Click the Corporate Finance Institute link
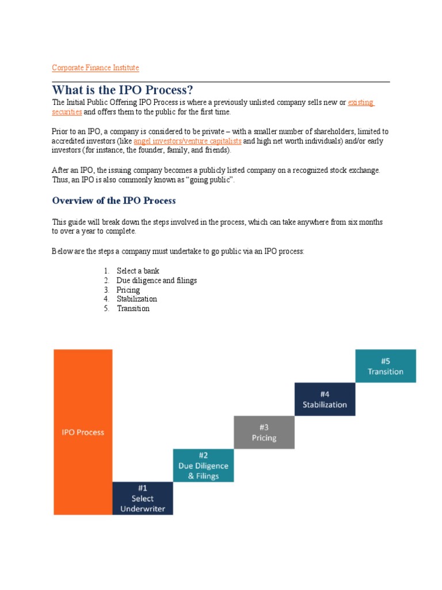(96, 68)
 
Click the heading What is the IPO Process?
(122, 90)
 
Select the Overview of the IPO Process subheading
(114, 201)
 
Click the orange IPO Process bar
(83, 432)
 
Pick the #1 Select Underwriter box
(142, 498)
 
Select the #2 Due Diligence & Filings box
(204, 466)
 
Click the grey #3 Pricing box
(264, 432)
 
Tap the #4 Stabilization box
(325, 399)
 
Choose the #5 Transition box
(386, 366)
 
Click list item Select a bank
(138, 271)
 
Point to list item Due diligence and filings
(157, 281)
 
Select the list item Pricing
(128, 290)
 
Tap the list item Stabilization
(136, 299)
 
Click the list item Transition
(133, 308)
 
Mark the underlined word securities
(67, 112)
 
